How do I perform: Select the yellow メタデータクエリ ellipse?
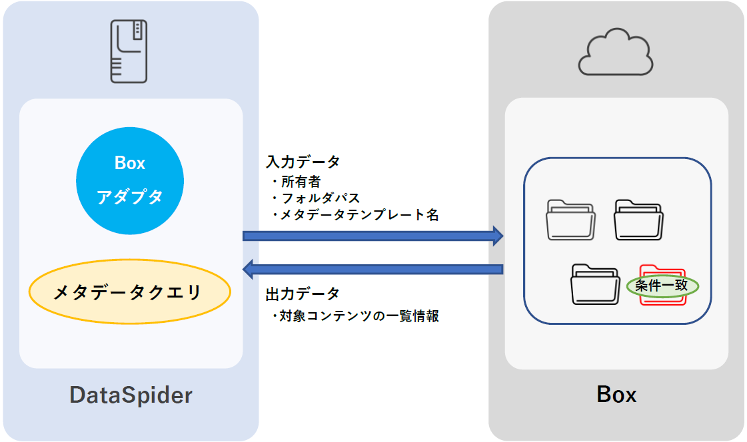tap(129, 292)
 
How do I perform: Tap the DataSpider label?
tap(131, 395)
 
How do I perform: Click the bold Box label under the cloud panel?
tap(616, 394)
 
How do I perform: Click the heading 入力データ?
tap(303, 162)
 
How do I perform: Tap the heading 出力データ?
tap(303, 294)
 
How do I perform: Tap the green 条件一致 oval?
tap(662, 286)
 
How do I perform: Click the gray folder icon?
tap(570, 220)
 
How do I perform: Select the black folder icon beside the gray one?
tap(638, 220)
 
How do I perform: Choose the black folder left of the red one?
tap(595, 285)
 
